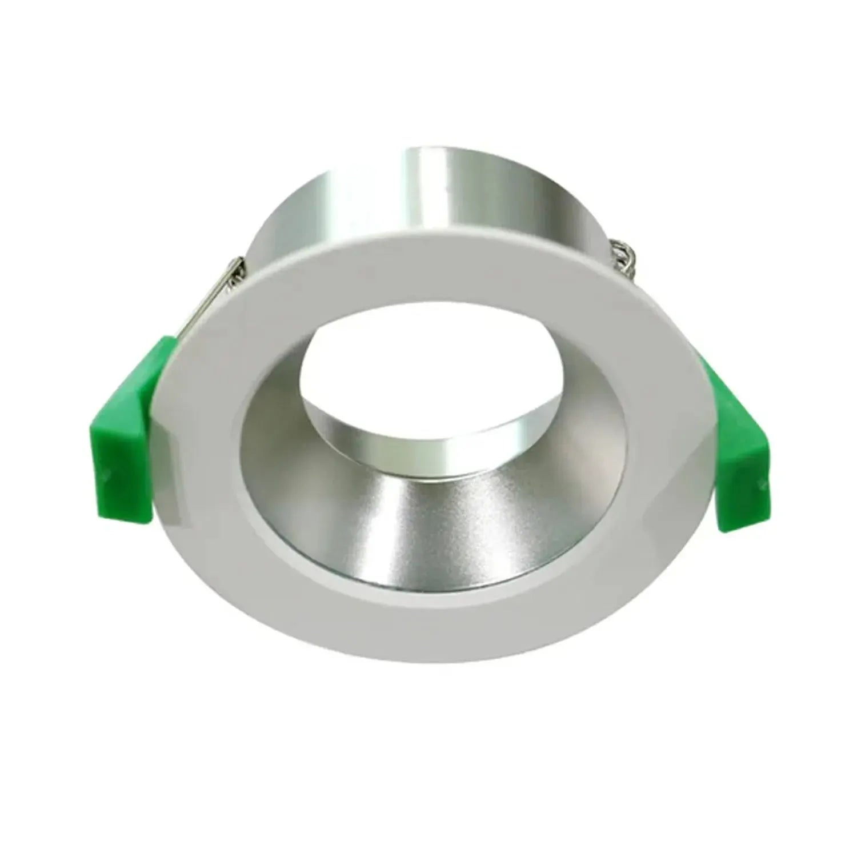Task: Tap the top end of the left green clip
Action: pos(166,343)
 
